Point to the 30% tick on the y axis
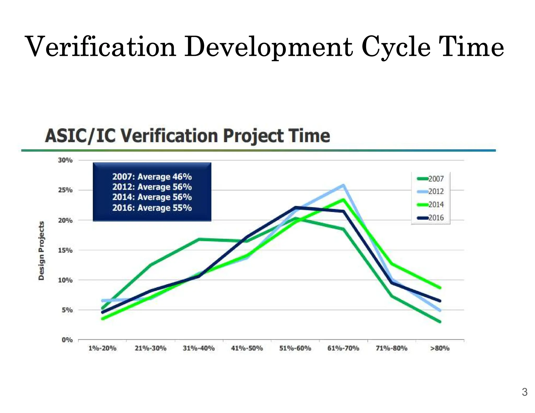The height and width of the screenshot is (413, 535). tap(65, 160)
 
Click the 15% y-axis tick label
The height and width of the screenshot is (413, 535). tap(65, 250)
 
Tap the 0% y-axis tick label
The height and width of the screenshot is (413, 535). tap(67, 340)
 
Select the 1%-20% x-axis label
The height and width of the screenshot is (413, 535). tap(102, 348)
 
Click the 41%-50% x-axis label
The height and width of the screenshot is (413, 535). tap(247, 348)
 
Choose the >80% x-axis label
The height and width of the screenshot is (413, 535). tap(440, 348)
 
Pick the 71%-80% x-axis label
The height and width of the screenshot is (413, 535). tap(391, 348)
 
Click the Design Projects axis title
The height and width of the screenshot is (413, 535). tap(41, 251)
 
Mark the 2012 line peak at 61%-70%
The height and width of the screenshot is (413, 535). tap(343, 185)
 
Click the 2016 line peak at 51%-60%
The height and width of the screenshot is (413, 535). tap(295, 208)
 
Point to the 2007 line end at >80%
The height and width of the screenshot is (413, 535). tap(440, 322)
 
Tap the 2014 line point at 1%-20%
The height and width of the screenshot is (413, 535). tap(102, 319)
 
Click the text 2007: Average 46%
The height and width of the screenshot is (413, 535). tap(152, 177)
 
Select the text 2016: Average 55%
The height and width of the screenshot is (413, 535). tap(152, 208)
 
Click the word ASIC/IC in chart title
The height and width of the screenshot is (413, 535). tap(80, 136)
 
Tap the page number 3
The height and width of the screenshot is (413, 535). tap(525, 392)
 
